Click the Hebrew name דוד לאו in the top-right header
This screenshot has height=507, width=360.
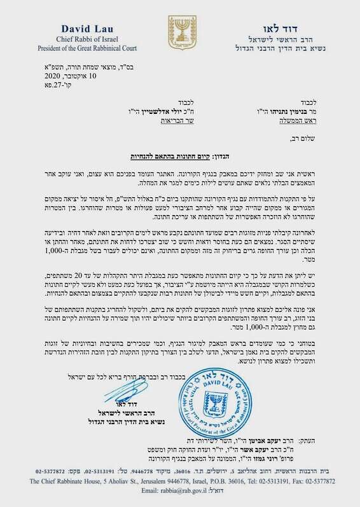pos(280,29)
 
